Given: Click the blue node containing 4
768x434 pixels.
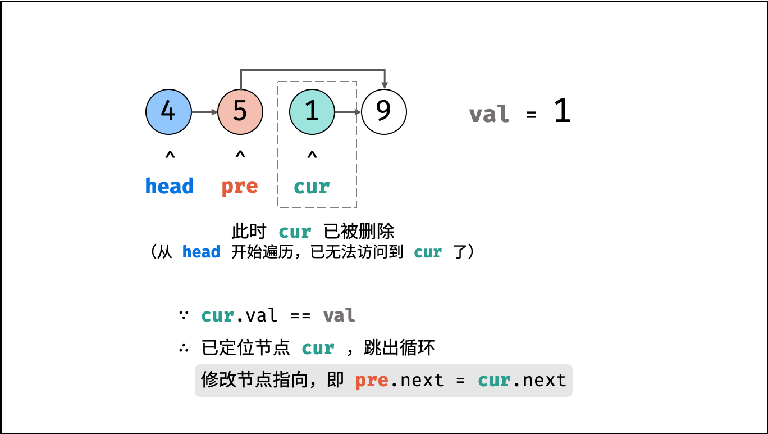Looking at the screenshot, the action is tap(168, 112).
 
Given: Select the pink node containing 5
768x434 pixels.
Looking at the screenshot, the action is tap(240, 112).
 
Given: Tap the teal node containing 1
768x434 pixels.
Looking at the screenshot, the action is tap(312, 112).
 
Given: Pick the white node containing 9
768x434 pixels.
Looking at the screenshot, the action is tap(384, 112).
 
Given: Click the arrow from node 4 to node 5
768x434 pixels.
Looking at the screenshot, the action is tap(205, 112).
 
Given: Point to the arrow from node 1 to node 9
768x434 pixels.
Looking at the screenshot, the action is tap(348, 112).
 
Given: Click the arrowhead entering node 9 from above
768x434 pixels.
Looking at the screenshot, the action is tap(385, 85).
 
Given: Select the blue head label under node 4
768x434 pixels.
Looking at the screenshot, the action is tap(170, 186).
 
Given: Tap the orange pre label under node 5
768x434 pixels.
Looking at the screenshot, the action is tap(240, 187).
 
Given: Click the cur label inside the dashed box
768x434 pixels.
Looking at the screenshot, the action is tap(312, 187).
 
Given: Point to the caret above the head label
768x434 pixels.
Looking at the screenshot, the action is tap(170, 155).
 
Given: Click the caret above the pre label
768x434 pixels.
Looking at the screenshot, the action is tap(240, 155).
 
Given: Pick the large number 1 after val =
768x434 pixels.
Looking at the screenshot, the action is tap(563, 111).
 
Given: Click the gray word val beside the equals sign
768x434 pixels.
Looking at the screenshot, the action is tap(489, 114).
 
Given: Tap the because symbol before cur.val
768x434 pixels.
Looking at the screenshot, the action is tap(184, 315).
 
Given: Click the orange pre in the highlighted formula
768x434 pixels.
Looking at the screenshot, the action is tap(372, 381).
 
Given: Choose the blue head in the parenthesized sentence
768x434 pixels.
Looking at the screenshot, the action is tap(201, 252).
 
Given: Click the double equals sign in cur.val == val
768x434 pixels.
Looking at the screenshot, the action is tap(300, 315).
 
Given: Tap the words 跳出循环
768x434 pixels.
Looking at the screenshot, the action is tap(399, 347).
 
